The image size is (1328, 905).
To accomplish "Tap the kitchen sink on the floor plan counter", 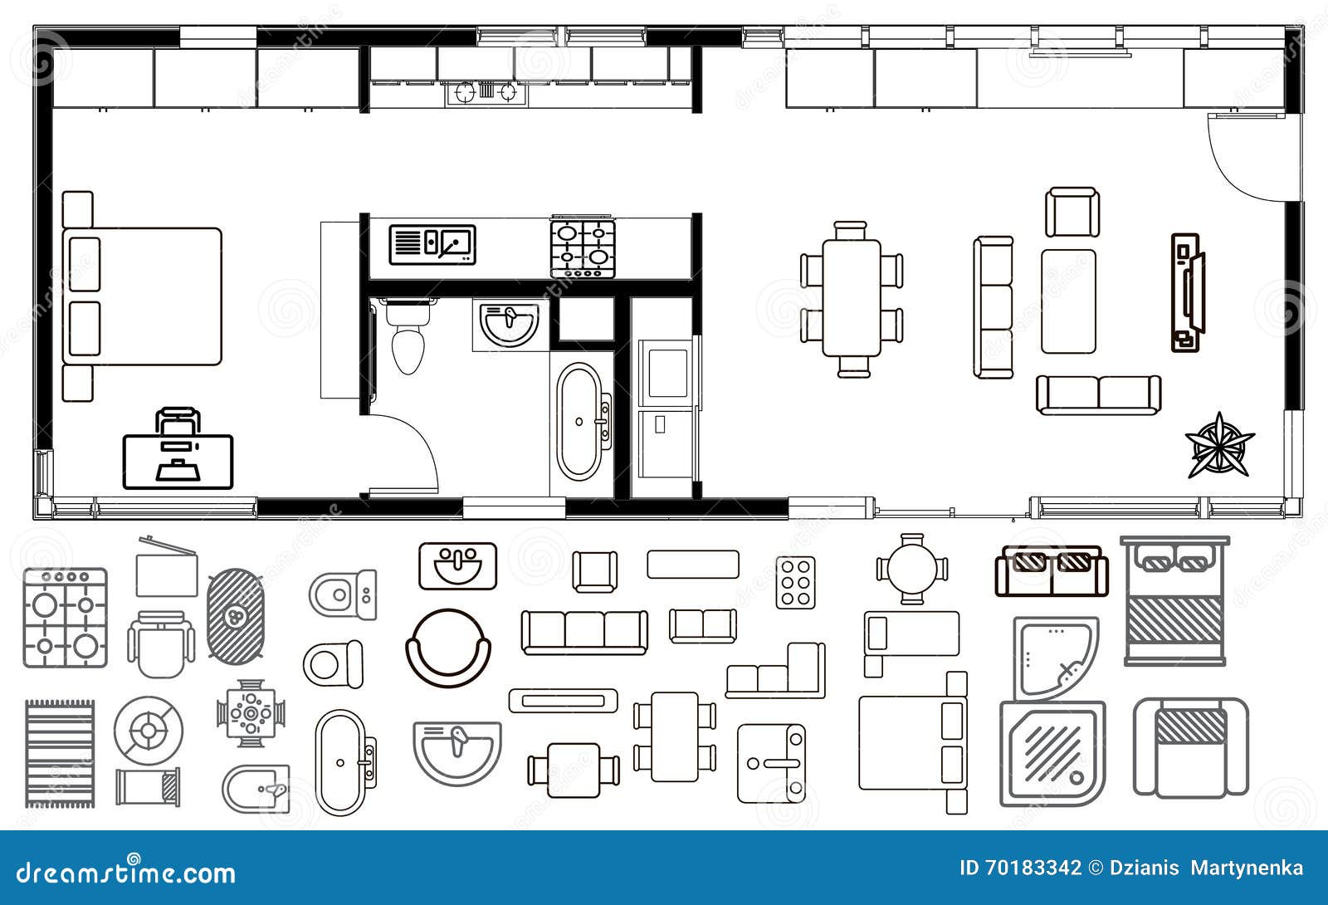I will (x=432, y=245).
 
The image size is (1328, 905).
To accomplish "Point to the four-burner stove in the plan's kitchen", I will (x=583, y=249).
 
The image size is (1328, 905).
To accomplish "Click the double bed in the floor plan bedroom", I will (x=142, y=296).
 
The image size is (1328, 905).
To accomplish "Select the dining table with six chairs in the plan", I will (x=852, y=299).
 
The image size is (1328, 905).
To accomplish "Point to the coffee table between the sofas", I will (x=1068, y=301).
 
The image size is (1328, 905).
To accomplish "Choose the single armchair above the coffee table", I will (x=1072, y=213).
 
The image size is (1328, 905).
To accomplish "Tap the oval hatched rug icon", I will (x=236, y=615).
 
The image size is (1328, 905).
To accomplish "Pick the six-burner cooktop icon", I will (x=795, y=582).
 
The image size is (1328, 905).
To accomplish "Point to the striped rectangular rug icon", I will (x=59, y=753).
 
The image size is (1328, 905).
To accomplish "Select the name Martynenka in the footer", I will (x=1247, y=868).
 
